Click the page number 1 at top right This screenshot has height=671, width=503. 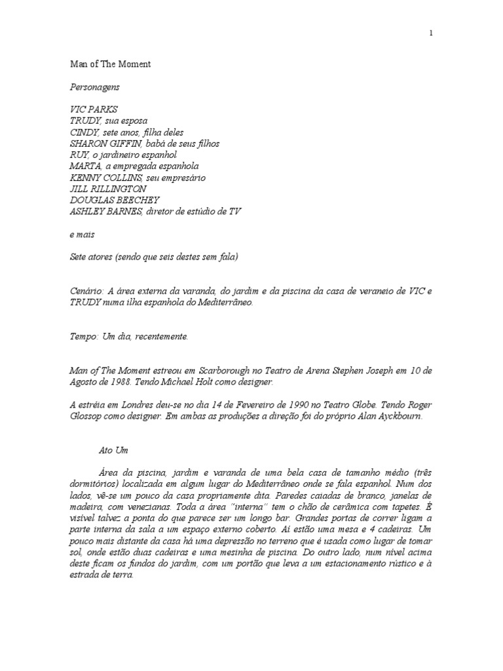tap(431, 33)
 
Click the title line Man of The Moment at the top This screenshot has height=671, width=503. tap(110, 64)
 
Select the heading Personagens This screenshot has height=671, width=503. tap(95, 86)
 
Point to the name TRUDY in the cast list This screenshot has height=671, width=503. tap(84, 121)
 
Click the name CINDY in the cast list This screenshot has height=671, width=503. tap(84, 132)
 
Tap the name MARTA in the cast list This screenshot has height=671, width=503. tap(84, 166)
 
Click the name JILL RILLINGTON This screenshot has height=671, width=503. tap(109, 189)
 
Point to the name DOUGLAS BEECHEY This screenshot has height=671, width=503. tap(114, 200)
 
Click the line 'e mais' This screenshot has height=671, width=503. tap(83, 234)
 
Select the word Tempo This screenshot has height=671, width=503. tap(83, 337)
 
